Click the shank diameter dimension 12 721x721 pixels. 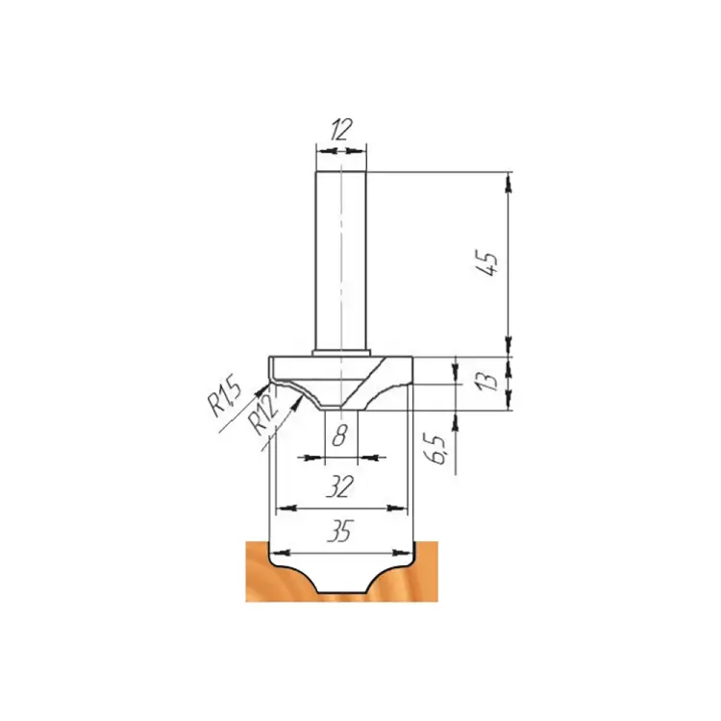coord(340,130)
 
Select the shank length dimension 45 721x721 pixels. coord(487,263)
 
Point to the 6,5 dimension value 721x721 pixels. coord(438,449)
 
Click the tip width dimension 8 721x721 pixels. coord(339,435)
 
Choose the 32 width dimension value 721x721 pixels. coord(339,486)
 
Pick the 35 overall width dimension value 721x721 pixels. coord(339,531)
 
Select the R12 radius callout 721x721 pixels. coord(263,415)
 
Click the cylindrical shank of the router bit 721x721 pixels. coord(340,261)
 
